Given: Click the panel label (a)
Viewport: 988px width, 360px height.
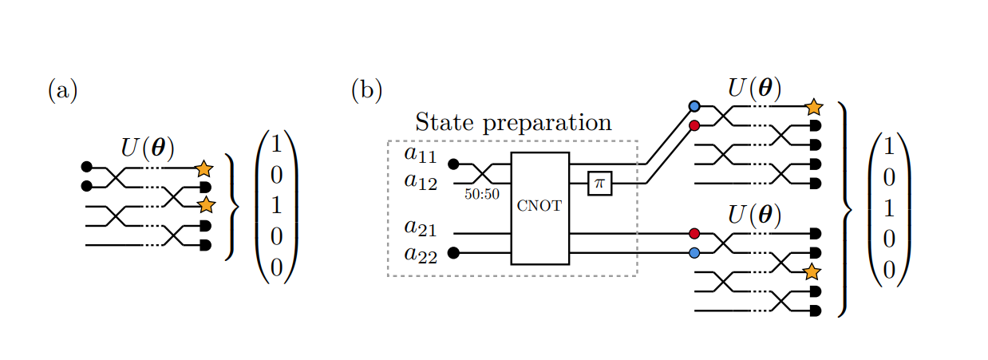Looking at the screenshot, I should click(63, 90).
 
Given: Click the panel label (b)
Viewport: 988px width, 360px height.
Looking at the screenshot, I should click(366, 90).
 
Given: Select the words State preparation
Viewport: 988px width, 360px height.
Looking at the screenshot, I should click(513, 122).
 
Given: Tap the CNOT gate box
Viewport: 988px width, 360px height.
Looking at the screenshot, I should click(539, 208).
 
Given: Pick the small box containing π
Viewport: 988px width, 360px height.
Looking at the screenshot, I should click(599, 184).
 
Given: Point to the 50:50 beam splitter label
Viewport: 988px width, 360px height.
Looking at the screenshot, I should click(482, 192).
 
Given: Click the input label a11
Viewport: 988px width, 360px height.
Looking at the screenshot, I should click(421, 155).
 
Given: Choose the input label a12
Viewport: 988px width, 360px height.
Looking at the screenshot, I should click(421, 181).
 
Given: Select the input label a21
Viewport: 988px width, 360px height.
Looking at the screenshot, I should click(421, 227).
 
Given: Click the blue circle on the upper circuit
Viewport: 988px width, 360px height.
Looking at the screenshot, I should click(694, 106).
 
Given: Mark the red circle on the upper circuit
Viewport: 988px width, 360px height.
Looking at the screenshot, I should click(694, 125).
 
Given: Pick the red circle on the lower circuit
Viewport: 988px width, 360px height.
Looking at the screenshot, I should click(694, 234).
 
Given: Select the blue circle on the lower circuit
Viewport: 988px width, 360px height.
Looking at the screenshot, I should click(694, 253).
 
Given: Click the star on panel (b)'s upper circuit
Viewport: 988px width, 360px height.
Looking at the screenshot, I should click(813, 106).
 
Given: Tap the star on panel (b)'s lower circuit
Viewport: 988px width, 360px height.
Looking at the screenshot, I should click(812, 271).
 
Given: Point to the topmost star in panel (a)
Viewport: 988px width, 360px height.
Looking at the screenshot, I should click(204, 168).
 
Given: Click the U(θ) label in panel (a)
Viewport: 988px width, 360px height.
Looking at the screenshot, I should click(148, 148).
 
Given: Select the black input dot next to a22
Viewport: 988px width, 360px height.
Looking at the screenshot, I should click(453, 253).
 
